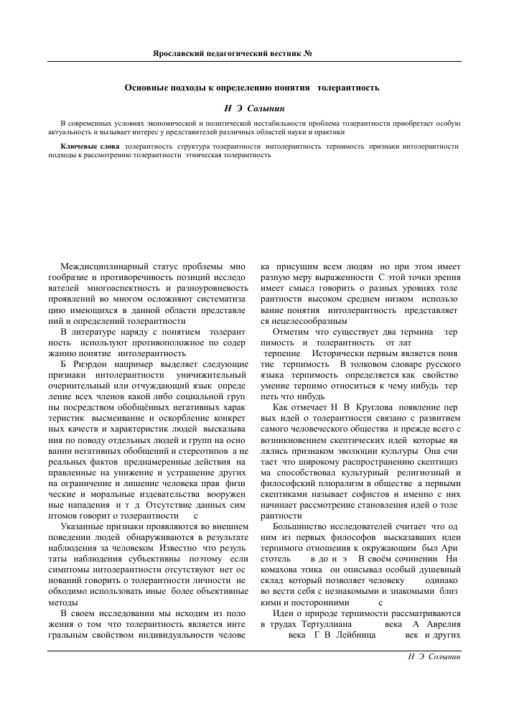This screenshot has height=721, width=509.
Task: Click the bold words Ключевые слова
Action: click(x=90, y=146)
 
